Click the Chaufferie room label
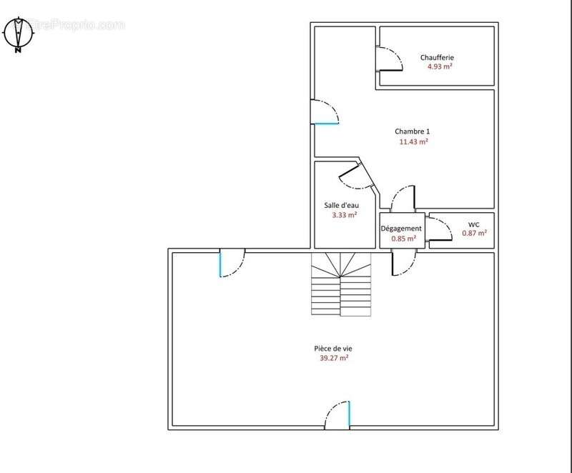(x=437, y=58)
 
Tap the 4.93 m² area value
(x=440, y=66)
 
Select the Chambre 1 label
(x=413, y=131)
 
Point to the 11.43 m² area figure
(x=414, y=141)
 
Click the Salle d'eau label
(x=342, y=206)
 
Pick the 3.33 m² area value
(x=345, y=215)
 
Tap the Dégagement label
(x=401, y=229)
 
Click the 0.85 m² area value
(x=404, y=239)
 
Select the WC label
(x=474, y=224)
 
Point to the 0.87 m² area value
(x=475, y=233)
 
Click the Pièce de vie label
(x=333, y=349)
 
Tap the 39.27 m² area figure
(x=334, y=358)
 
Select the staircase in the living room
(x=341, y=284)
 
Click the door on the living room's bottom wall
(x=337, y=414)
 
